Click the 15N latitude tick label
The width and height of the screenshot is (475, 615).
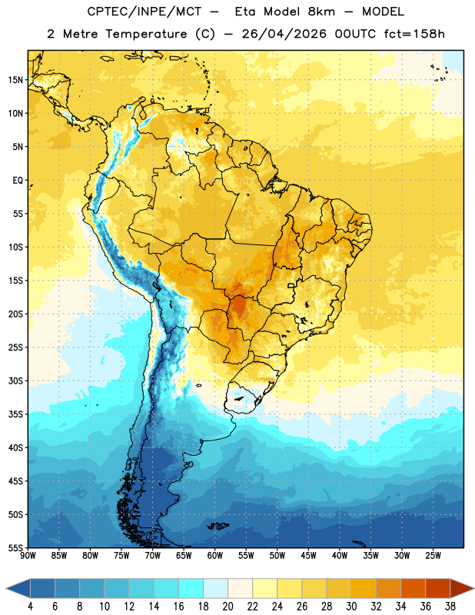click(15, 80)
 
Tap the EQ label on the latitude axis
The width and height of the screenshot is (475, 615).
click(18, 181)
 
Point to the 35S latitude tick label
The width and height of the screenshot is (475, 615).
click(15, 414)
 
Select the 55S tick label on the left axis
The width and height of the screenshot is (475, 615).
click(15, 548)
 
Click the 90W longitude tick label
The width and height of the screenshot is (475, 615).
click(28, 556)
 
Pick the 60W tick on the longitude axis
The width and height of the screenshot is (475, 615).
click(215, 556)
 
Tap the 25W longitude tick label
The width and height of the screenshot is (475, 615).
click(433, 556)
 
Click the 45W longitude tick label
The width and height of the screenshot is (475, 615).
click(308, 556)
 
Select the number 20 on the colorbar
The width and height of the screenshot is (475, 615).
click(228, 607)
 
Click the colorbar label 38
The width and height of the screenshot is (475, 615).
click(450, 607)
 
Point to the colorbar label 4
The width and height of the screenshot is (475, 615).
click(30, 607)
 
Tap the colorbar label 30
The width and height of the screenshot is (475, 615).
click(351, 607)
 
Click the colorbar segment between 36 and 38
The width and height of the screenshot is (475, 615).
click(438, 589)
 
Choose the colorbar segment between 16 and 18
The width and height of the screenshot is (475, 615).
click(191, 589)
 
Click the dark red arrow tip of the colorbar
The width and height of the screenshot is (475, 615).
click(473, 589)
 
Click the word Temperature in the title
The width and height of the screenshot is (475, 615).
click(146, 34)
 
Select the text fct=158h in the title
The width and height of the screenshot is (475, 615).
click(414, 34)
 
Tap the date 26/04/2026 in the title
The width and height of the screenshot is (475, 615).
click(284, 34)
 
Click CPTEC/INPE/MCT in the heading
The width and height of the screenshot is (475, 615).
click(144, 12)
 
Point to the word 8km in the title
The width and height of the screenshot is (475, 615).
click(321, 12)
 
